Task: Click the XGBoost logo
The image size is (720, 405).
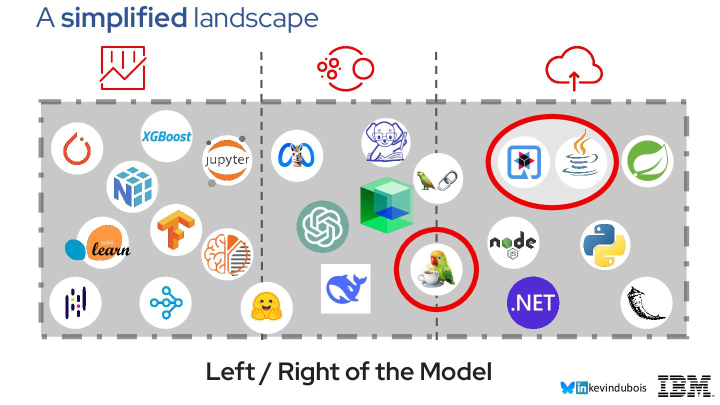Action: (166, 136)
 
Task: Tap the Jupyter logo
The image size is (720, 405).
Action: (227, 160)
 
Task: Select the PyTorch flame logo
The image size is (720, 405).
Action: (77, 148)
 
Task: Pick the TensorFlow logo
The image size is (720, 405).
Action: (175, 229)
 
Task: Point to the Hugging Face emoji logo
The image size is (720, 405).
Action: (266, 307)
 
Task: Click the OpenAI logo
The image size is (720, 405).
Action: (322, 226)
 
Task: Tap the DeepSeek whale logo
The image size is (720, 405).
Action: (345, 288)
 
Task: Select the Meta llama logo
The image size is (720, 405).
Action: (297, 155)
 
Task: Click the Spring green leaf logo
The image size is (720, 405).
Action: (647, 161)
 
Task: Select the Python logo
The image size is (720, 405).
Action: (605, 244)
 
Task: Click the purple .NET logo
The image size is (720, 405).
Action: (533, 302)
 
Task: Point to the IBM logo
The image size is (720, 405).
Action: (684, 386)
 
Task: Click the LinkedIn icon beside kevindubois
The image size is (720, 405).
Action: (582, 388)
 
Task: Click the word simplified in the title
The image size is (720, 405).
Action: (124, 18)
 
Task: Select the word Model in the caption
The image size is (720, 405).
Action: (456, 372)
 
